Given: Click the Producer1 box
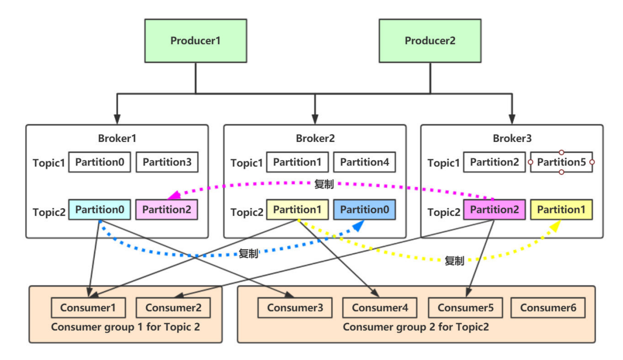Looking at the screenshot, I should pyautogui.click(x=196, y=41).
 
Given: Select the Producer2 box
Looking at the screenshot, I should pyautogui.click(x=430, y=41).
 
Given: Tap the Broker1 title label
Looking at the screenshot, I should pyautogui.click(x=117, y=139).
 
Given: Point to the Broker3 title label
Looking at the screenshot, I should pyautogui.click(x=512, y=139).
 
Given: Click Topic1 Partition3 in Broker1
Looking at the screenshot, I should pyautogui.click(x=167, y=162).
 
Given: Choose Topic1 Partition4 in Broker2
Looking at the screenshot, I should pyautogui.click(x=364, y=162).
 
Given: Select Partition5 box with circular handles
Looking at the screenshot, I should pyautogui.click(x=561, y=162).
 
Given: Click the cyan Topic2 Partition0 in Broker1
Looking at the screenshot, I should pyautogui.click(x=99, y=210).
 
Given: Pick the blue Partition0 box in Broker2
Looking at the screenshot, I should pyautogui.click(x=364, y=210).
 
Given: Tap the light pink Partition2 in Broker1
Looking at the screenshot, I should pyautogui.click(x=167, y=210).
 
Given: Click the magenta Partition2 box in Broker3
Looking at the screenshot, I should pyautogui.click(x=494, y=210).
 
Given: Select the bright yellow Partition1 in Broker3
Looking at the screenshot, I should pyautogui.click(x=561, y=210).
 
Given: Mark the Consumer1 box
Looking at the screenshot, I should pyautogui.click(x=88, y=308).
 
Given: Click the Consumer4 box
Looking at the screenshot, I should pyautogui.click(x=380, y=308).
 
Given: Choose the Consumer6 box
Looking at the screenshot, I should pyautogui.click(x=548, y=308).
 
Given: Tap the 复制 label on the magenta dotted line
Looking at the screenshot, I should pyautogui.click(x=324, y=184).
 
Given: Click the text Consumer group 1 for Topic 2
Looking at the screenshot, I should pyautogui.click(x=126, y=327).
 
